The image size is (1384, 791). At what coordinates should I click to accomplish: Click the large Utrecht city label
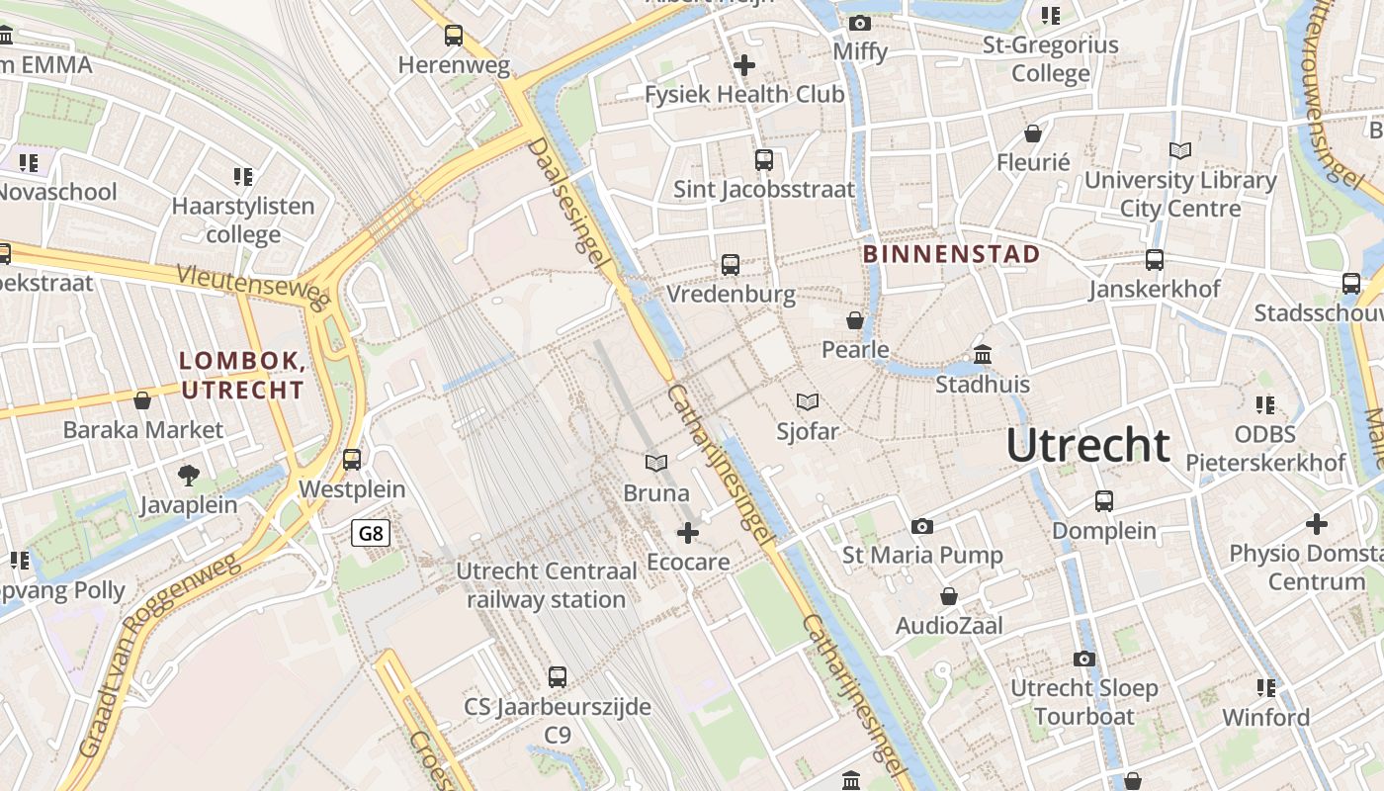coord(1087,447)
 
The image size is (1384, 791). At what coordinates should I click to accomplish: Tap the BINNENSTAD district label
coord(951,254)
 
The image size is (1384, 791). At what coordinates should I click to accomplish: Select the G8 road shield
coord(371,534)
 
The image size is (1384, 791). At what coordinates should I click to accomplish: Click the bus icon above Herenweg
coord(454,36)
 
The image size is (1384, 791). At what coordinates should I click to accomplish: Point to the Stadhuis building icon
coord(983,354)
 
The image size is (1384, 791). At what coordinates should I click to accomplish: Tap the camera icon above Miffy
coord(860,22)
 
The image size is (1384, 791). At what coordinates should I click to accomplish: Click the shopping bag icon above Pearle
coord(855,320)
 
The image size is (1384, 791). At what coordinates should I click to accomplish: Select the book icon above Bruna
coord(655,462)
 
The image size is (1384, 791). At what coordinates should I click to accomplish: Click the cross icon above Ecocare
coord(687,533)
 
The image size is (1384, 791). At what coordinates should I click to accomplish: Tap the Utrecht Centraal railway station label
coord(547,585)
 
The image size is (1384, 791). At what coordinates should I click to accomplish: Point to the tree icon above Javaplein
coord(188,476)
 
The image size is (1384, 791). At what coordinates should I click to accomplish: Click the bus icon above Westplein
coord(352,460)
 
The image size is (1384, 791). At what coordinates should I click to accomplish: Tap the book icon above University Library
coord(1179,150)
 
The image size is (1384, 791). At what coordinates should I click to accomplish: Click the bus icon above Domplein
coord(1104,501)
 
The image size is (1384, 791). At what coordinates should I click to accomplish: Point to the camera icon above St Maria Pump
coord(922,526)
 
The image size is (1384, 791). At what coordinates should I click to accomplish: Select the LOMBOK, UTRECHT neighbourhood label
coord(242,376)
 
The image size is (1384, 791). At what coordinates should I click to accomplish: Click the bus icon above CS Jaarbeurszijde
coord(558,677)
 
